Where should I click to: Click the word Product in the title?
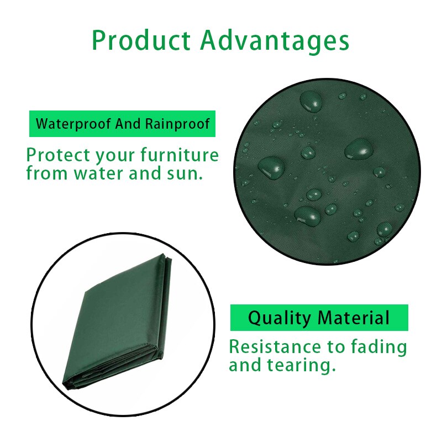click(x=141, y=40)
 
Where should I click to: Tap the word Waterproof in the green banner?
click(x=73, y=123)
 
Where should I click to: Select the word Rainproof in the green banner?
click(x=177, y=123)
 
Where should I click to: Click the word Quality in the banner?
click(x=280, y=318)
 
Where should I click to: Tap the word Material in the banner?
click(x=354, y=318)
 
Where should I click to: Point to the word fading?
click(x=379, y=348)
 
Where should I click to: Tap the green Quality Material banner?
click(x=319, y=318)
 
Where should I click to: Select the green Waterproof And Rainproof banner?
click(x=122, y=123)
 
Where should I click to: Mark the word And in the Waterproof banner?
click(x=129, y=123)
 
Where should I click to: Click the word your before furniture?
click(x=117, y=156)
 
